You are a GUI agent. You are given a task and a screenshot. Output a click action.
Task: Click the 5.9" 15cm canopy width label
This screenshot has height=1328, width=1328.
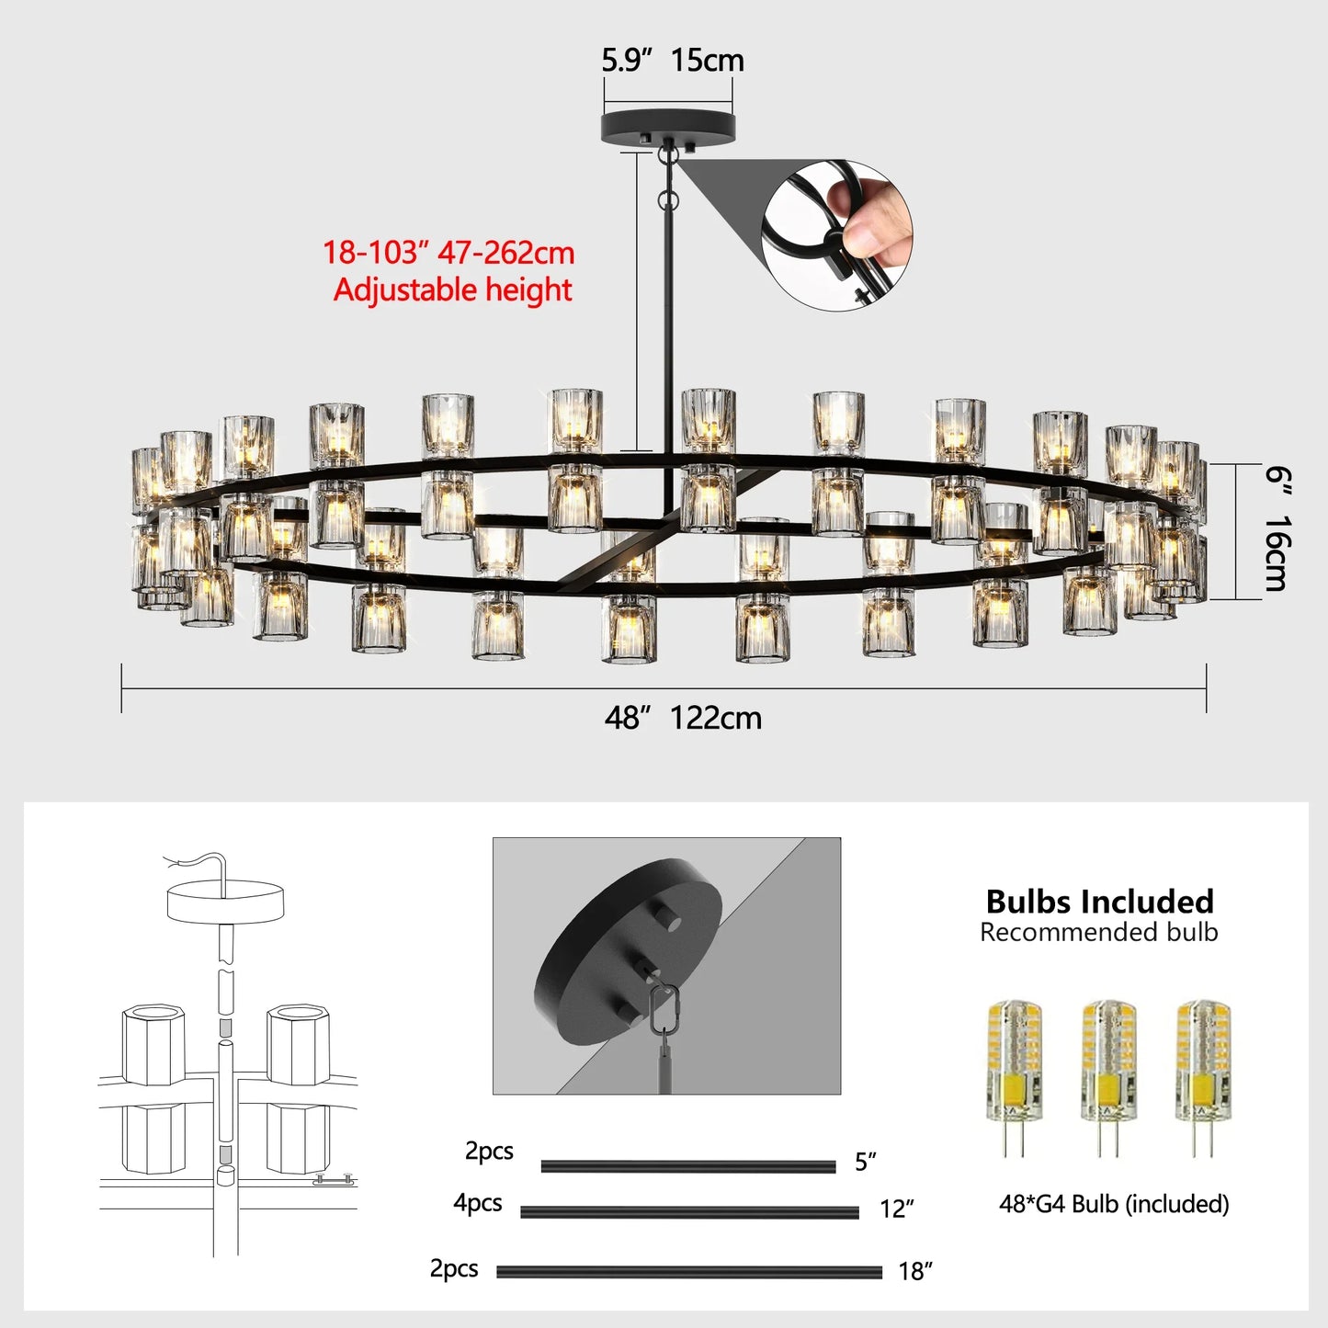coord(672,61)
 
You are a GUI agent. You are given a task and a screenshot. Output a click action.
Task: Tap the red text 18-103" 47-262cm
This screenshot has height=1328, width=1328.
coord(448,253)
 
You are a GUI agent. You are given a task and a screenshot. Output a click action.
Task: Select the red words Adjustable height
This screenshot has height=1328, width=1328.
coord(452,290)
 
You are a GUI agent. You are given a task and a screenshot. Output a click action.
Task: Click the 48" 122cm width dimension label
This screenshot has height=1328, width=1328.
coord(683,718)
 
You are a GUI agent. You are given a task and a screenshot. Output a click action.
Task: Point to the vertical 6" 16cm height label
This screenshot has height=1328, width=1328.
coord(1277,528)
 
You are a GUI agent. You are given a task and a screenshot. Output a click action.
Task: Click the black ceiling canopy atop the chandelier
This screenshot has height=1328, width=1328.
coord(668,128)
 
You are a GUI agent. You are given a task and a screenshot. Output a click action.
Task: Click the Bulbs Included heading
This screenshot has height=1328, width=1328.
coord(1099,901)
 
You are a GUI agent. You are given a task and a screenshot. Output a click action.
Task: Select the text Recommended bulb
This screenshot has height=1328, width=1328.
coord(1098,932)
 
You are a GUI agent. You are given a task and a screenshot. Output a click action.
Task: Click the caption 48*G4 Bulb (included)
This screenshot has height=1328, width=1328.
coord(1114,1204)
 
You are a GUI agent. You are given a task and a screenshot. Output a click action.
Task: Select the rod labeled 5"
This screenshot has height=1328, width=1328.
coord(687,1167)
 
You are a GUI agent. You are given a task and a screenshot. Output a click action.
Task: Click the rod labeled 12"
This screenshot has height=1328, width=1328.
coord(689,1212)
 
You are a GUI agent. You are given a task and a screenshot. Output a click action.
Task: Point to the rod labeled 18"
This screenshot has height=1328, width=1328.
coord(689,1273)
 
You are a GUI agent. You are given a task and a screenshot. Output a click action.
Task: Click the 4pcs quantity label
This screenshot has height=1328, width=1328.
coord(478,1203)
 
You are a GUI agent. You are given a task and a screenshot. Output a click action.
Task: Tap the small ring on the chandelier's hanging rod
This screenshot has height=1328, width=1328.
coord(667,199)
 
